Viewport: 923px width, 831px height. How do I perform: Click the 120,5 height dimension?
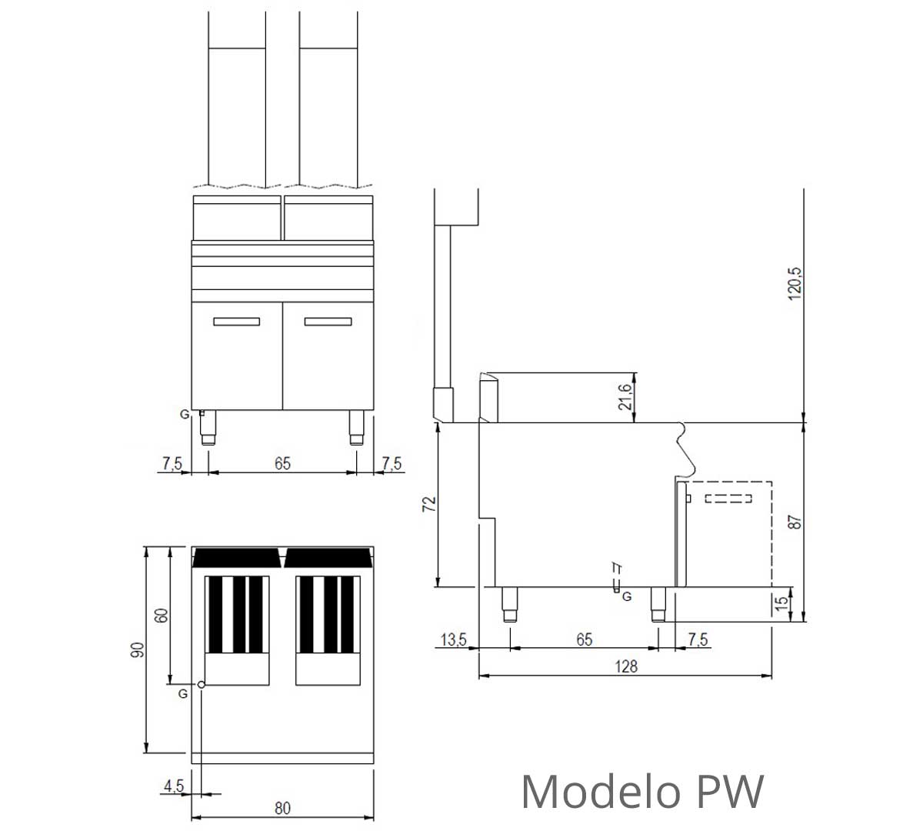[795, 284]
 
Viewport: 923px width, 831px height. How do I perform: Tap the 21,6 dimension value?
[625, 397]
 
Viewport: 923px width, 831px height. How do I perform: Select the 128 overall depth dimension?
[626, 666]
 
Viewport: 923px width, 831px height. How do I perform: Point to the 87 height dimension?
[795, 522]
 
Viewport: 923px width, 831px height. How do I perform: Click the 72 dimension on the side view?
[429, 504]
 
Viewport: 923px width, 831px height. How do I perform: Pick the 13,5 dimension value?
[453, 639]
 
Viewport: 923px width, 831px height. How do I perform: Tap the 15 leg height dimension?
[781, 603]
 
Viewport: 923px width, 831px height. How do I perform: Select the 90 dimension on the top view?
[138, 650]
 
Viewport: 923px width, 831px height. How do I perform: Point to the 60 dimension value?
[161, 616]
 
